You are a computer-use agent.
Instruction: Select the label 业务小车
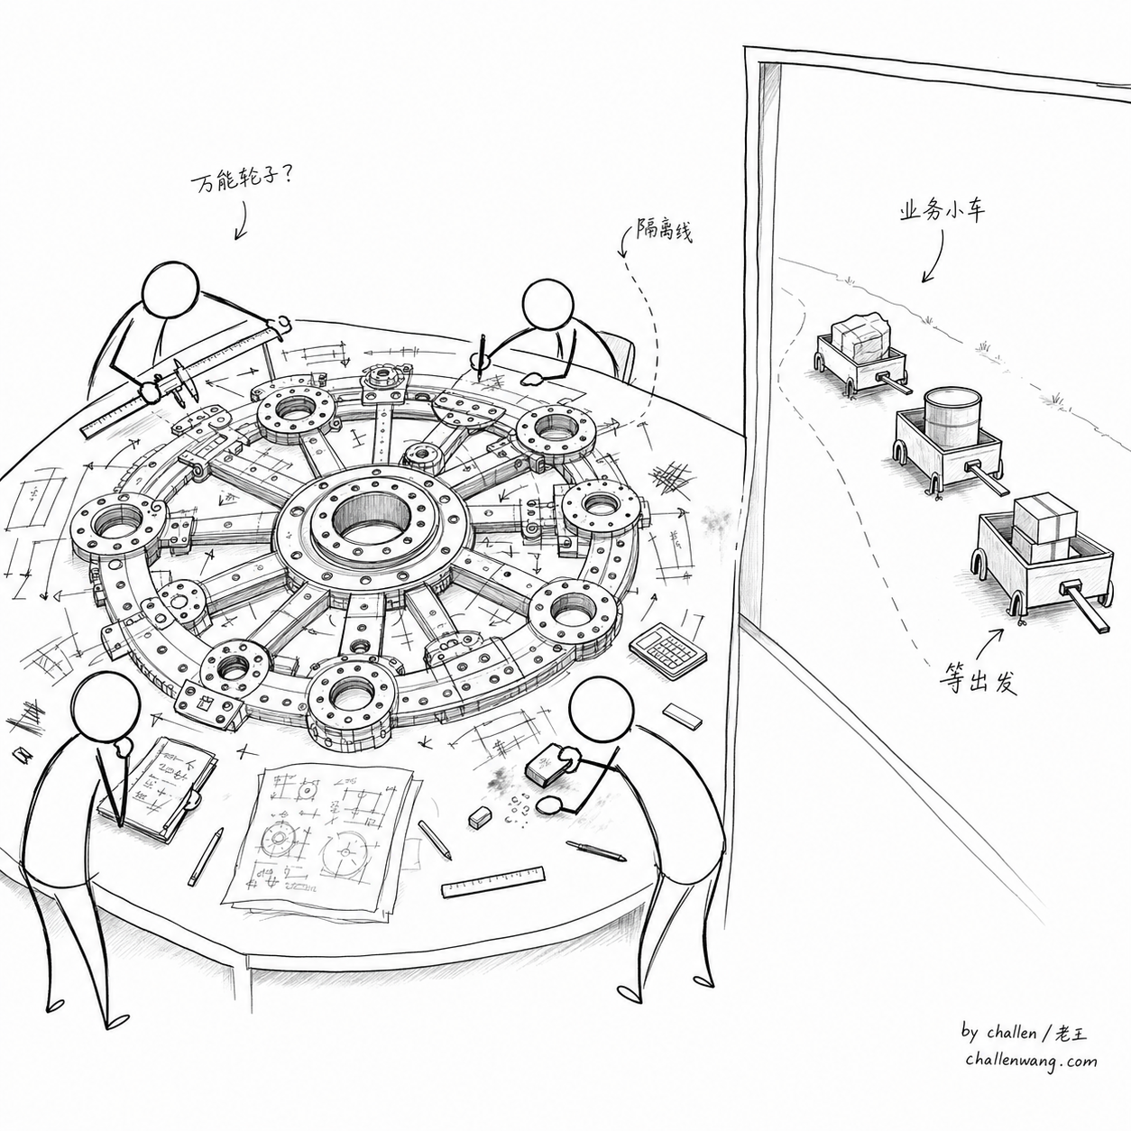click(x=942, y=211)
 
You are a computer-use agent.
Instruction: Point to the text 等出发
click(x=978, y=680)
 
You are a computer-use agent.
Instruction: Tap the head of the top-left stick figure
click(x=172, y=290)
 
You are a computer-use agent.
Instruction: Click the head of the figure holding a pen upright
click(x=547, y=304)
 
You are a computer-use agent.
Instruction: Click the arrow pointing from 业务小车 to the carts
click(x=933, y=256)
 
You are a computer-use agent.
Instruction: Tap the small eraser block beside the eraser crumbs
click(x=480, y=817)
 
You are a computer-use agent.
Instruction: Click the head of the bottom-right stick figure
click(x=602, y=709)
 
